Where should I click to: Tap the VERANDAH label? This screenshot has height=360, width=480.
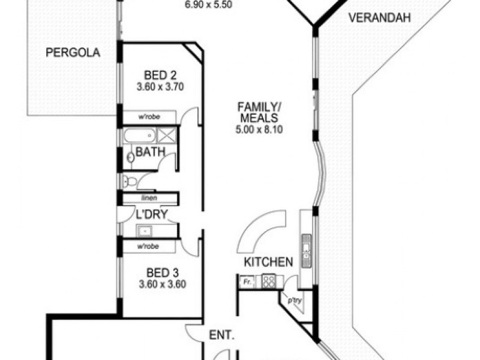pyautogui.click(x=379, y=18)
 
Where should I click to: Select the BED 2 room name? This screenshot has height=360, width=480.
pyautogui.click(x=160, y=75)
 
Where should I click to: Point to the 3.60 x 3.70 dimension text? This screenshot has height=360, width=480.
pyautogui.click(x=160, y=86)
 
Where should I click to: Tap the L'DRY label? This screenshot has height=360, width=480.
pyautogui.click(x=151, y=214)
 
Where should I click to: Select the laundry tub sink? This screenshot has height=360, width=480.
pyautogui.click(x=145, y=230)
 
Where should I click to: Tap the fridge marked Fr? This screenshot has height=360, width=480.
pyautogui.click(x=246, y=281)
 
